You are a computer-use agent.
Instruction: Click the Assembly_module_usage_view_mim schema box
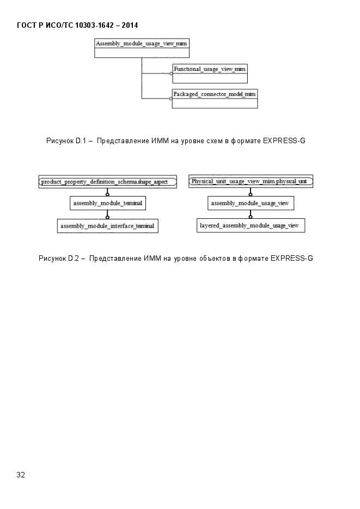[142, 48]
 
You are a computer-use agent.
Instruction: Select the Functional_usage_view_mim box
[210, 73]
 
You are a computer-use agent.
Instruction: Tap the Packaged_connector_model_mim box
[215, 99]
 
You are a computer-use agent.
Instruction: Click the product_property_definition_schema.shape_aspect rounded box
[108, 182]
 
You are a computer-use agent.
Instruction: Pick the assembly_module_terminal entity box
[108, 203]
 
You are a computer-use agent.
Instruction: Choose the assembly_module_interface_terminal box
[108, 226]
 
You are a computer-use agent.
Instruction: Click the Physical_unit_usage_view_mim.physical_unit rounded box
[251, 181]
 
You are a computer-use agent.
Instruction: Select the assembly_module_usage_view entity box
[251, 203]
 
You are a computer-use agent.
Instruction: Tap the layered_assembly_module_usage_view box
[251, 225]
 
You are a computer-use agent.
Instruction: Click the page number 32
[21, 475]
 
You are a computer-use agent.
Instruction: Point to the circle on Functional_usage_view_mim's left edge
[172, 73]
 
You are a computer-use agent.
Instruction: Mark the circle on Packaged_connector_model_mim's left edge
[171, 99]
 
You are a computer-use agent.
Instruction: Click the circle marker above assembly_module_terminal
[107, 194]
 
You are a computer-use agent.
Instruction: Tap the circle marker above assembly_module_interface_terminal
[107, 217]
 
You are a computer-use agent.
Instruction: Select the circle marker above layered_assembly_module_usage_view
[251, 217]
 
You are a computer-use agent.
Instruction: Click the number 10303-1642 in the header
[94, 26]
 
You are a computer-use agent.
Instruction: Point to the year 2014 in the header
[130, 26]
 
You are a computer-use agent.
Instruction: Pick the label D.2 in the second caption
[74, 259]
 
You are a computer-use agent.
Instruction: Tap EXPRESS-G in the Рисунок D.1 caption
[284, 141]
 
